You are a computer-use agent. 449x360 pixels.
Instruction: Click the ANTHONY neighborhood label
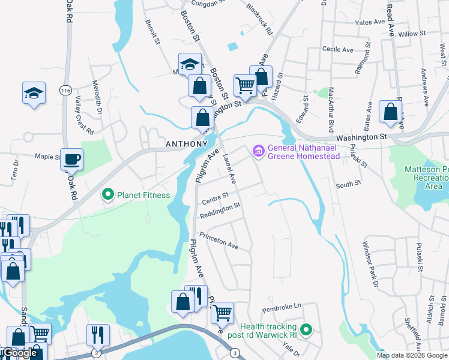pyautogui.click(x=186, y=145)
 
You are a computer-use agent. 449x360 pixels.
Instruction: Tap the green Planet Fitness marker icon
pyautogui.click(x=108, y=194)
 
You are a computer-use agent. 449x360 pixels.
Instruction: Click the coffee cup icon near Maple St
pyautogui.click(x=72, y=159)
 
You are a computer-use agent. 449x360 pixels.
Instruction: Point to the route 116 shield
pyautogui.click(x=65, y=90)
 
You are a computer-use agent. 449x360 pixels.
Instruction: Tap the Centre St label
pyautogui.click(x=215, y=196)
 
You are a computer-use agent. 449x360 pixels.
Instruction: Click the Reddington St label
pyautogui.click(x=220, y=206)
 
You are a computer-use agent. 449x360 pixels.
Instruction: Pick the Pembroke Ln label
pyautogui.click(x=282, y=306)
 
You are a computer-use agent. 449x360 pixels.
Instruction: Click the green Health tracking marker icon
pyautogui.click(x=306, y=329)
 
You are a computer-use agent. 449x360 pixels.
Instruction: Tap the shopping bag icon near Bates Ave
pyautogui.click(x=390, y=112)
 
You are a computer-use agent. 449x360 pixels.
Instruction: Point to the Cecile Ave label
pyautogui.click(x=337, y=50)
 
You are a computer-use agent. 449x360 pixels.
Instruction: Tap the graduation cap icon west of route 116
pyautogui.click(x=34, y=93)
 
